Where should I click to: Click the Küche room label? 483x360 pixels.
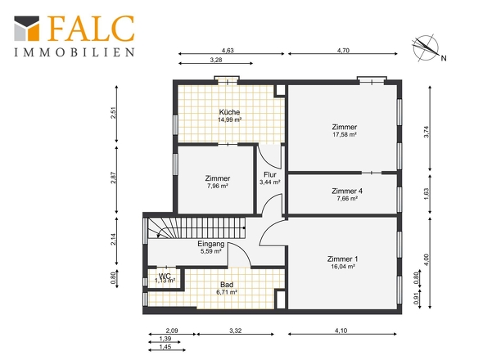(229, 112)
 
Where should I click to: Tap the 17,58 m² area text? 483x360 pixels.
(345, 134)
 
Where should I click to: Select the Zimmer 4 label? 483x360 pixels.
(347, 191)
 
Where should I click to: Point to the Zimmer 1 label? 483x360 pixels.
(342, 259)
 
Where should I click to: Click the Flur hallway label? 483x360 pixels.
(270, 174)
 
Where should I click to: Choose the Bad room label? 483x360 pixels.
(227, 285)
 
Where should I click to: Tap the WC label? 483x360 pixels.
(165, 275)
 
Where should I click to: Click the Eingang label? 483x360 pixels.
(211, 244)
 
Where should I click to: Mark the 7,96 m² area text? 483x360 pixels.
(218, 186)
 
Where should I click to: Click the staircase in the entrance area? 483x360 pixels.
(196, 228)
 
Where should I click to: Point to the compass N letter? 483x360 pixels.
(444, 58)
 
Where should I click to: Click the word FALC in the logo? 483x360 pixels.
(91, 29)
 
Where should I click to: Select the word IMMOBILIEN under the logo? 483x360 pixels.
(74, 52)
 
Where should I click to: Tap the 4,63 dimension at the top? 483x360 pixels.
(228, 51)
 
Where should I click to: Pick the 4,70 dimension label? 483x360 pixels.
(343, 51)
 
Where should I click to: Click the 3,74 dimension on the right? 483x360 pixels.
(427, 132)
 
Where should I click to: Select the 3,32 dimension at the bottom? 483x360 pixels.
(235, 331)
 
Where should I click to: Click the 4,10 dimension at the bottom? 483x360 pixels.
(341, 331)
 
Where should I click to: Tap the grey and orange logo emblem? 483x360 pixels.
(27, 29)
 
